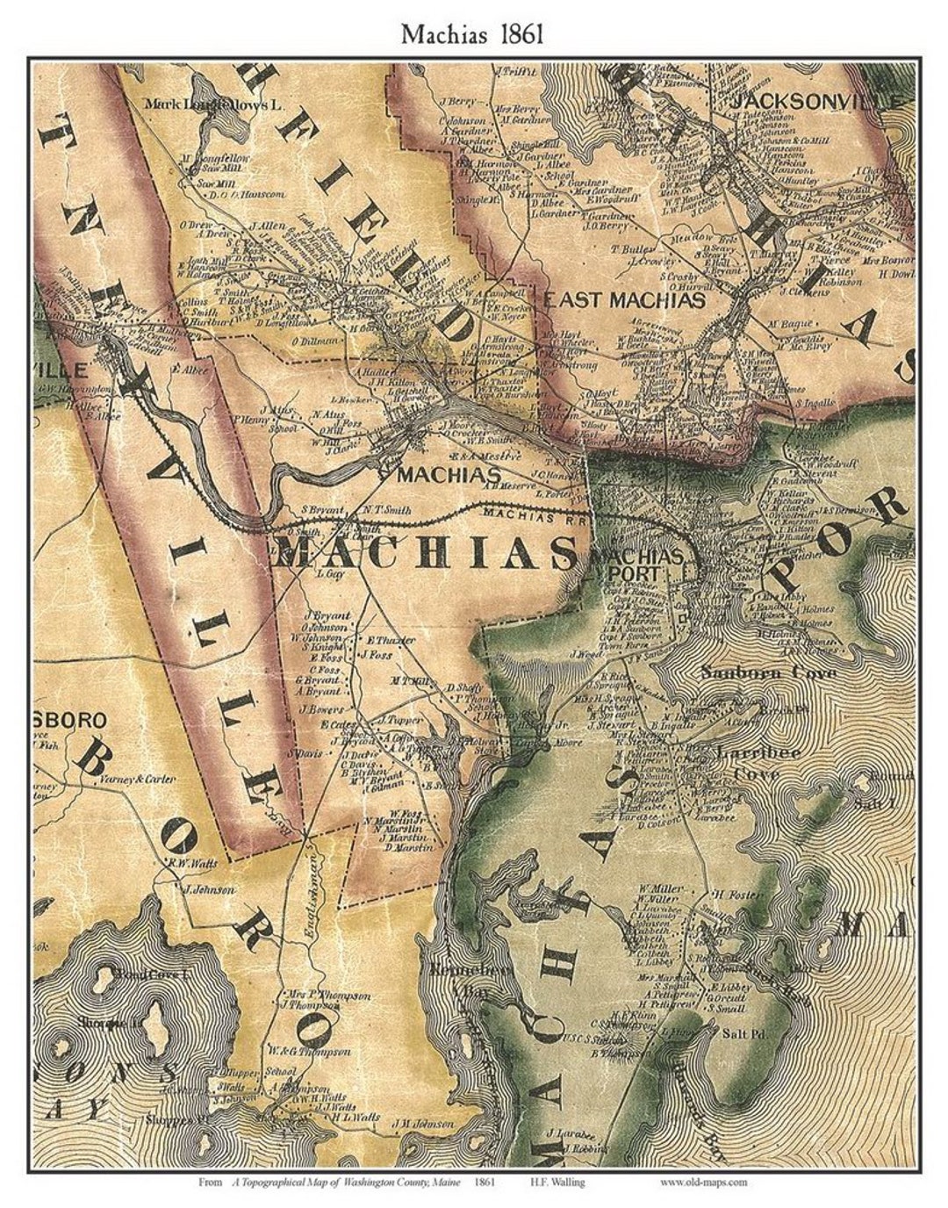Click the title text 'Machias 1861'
(473, 32)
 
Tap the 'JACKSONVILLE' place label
(817, 102)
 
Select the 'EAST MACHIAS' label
(624, 300)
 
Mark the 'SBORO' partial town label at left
(69, 720)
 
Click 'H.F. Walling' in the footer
(557, 1183)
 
